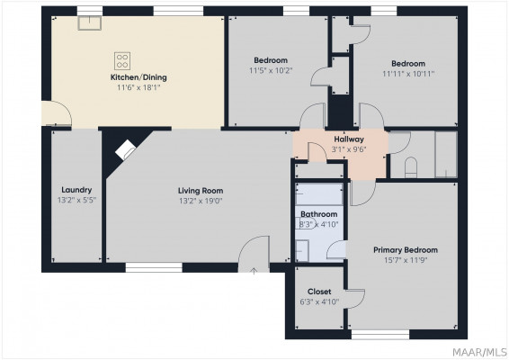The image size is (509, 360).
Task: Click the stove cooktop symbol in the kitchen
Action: [x=122, y=61]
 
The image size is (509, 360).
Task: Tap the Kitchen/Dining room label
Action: [x=138, y=77]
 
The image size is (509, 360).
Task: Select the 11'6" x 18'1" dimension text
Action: [x=138, y=87]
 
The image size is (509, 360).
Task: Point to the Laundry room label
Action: [x=76, y=190]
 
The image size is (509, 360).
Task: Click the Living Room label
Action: [x=201, y=191]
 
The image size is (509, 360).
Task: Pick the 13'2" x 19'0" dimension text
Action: [x=201, y=201]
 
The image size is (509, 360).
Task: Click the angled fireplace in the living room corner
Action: [x=125, y=149]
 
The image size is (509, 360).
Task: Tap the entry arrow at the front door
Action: [x=254, y=271]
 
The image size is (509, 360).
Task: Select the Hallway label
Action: [x=349, y=139]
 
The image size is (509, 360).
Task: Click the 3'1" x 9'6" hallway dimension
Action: [x=349, y=149]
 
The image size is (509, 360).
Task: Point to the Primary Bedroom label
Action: [x=406, y=250]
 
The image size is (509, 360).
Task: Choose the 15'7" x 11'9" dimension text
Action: [x=406, y=260]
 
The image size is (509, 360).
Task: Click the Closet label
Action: [x=319, y=292]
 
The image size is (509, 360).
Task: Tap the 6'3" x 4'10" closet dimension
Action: [x=319, y=301]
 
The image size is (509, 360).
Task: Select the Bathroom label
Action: [x=318, y=214]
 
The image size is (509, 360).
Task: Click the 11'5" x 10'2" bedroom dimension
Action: [x=271, y=70]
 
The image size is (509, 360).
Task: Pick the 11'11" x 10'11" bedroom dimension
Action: [x=408, y=74]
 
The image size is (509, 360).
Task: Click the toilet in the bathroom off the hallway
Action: [x=411, y=167]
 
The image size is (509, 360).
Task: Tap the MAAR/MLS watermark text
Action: [x=479, y=352]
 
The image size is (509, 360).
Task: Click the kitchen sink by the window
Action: [x=90, y=23]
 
